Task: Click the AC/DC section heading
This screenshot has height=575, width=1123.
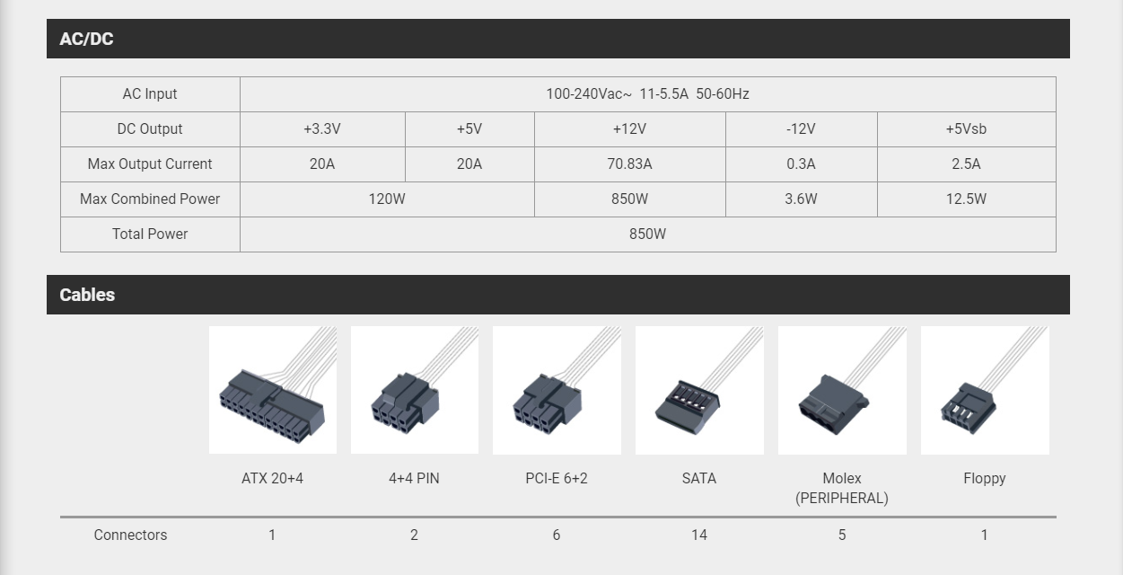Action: coord(86,39)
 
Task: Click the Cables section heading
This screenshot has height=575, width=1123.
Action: coord(87,295)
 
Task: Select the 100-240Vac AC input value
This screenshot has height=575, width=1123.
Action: coord(647,93)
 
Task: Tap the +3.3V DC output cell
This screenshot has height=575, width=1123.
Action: coord(322,129)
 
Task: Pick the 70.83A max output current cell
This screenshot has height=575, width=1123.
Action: coord(629,164)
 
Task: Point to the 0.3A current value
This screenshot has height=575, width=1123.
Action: coord(801,164)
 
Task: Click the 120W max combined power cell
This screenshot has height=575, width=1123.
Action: coord(387,199)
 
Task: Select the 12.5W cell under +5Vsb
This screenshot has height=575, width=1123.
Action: coord(966,199)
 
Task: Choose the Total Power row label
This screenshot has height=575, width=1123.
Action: coord(149,234)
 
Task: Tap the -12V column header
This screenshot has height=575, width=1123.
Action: coord(801,129)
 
